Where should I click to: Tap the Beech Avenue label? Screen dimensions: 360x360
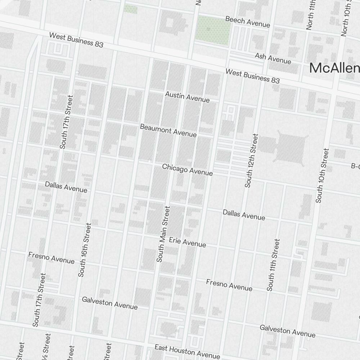tap(247, 22)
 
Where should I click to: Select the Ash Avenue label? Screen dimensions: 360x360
tap(273, 58)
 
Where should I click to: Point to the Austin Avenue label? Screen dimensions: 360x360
tap(187, 96)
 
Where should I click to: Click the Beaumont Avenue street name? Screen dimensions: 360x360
tap(168, 130)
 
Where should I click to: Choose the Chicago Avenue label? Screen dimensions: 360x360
tap(187, 170)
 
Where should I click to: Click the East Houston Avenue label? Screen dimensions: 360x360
tap(187, 351)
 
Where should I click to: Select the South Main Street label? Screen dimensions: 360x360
tap(163, 234)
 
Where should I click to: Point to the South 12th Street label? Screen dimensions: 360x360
tap(251, 161)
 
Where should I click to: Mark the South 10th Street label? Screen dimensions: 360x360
tap(322, 175)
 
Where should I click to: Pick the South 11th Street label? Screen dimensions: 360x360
tap(273, 265)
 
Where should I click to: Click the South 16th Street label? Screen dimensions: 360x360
tap(85, 250)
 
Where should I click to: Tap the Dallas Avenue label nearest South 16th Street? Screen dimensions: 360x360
tap(66, 187)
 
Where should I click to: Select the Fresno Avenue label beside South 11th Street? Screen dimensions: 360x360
tap(229, 285)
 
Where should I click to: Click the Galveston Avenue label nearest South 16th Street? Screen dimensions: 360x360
tap(109, 303)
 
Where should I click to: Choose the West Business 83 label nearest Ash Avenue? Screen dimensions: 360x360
tap(252, 76)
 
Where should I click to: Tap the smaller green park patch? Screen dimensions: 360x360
tap(130, 9)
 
